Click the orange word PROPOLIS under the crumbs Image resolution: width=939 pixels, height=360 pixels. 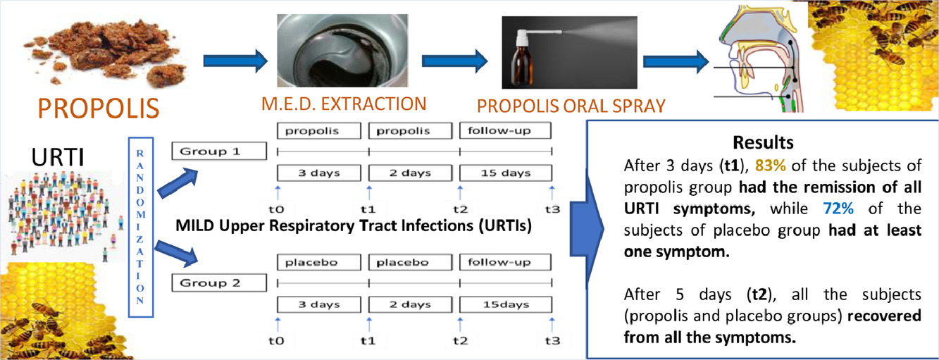99,108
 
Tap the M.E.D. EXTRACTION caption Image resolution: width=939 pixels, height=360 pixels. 344,104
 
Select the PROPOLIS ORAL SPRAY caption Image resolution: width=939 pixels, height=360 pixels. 571,106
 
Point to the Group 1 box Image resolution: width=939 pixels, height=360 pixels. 219,151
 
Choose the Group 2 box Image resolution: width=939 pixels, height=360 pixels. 219,283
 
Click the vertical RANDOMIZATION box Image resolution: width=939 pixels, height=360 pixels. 141,227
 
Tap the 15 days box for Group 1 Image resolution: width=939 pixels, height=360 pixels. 506,173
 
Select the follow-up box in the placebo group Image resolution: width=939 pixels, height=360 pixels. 505,262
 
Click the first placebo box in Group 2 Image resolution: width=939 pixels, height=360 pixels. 318,262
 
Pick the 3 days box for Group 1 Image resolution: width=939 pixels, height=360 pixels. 318,173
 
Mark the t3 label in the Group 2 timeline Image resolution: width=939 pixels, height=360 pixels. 552,341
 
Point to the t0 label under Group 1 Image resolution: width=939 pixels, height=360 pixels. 276,209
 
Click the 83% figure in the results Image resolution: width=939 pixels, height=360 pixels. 770,166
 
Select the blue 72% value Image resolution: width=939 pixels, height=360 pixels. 838,209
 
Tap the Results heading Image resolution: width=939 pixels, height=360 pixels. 763,142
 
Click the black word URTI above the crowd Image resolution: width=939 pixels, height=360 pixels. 58,157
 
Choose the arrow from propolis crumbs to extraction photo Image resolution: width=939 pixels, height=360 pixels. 235,61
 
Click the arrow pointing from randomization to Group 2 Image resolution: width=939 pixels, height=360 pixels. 176,254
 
